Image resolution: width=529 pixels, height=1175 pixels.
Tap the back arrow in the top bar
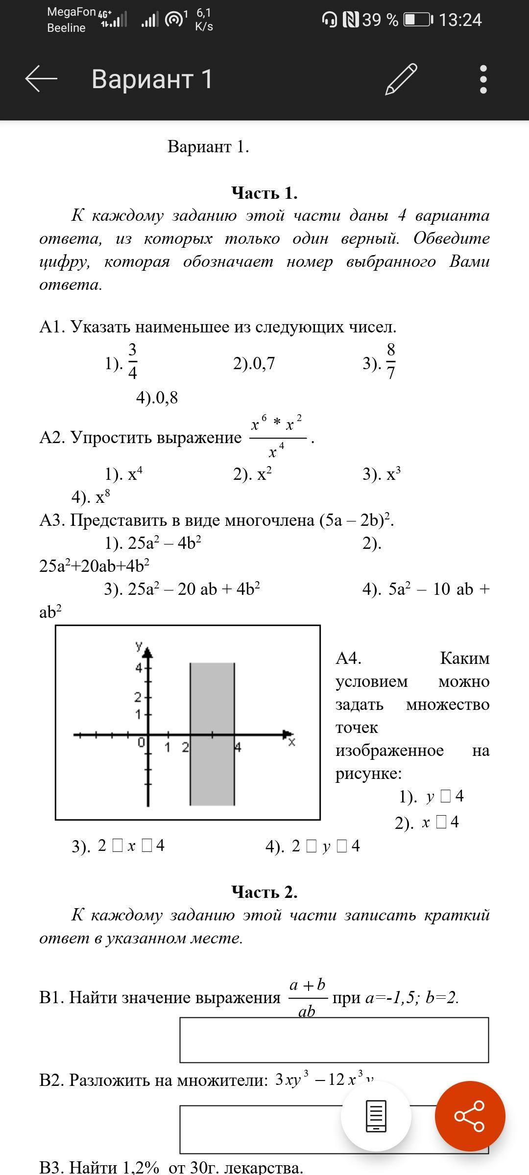(x=41, y=79)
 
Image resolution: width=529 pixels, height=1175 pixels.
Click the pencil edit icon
(x=401, y=79)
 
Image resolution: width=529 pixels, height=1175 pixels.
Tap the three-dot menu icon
(x=483, y=79)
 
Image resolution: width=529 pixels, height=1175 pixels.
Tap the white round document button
(x=376, y=1116)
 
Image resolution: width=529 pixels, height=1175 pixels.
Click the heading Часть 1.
(x=264, y=193)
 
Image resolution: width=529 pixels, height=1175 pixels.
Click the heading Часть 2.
(x=264, y=892)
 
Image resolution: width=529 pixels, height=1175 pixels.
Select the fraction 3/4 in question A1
(x=132, y=362)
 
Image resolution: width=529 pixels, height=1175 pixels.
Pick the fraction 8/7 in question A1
(x=391, y=362)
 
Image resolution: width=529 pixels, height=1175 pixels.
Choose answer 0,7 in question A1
(x=259, y=363)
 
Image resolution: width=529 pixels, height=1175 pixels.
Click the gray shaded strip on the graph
(x=212, y=734)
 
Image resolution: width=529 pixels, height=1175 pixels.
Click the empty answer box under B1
(x=334, y=1040)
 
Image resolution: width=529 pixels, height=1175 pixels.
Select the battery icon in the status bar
(x=418, y=20)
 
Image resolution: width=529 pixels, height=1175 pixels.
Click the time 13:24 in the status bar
(x=460, y=20)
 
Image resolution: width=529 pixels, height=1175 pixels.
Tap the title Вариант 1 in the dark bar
(x=152, y=79)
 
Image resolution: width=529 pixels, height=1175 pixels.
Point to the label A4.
(x=348, y=658)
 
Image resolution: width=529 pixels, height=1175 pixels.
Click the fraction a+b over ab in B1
(x=308, y=997)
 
